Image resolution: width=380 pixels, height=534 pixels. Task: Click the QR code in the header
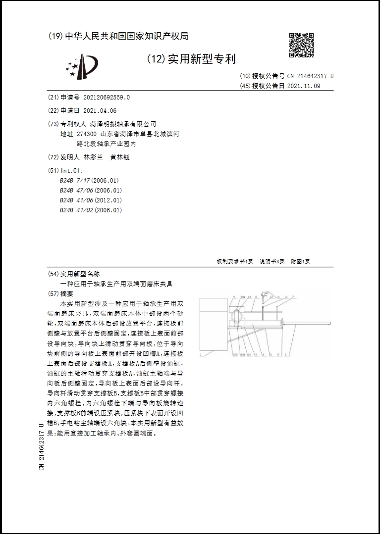click(x=301, y=45)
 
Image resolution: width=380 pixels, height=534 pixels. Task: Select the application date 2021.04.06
click(x=100, y=111)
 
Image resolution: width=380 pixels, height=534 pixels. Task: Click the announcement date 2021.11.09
click(x=304, y=86)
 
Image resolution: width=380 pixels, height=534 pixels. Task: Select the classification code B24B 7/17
click(x=75, y=181)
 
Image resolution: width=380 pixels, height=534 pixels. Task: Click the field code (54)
click(x=53, y=274)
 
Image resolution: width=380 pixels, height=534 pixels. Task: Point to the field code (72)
click(x=53, y=157)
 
